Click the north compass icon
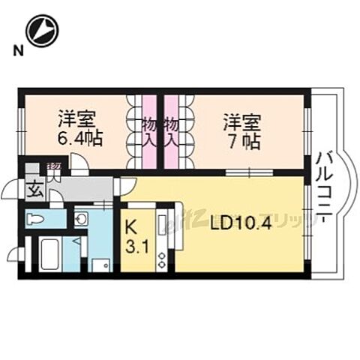point(41,31)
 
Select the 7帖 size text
point(241,140)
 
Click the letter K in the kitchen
point(131,225)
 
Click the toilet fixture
point(36,219)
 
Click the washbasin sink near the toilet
point(82,218)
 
